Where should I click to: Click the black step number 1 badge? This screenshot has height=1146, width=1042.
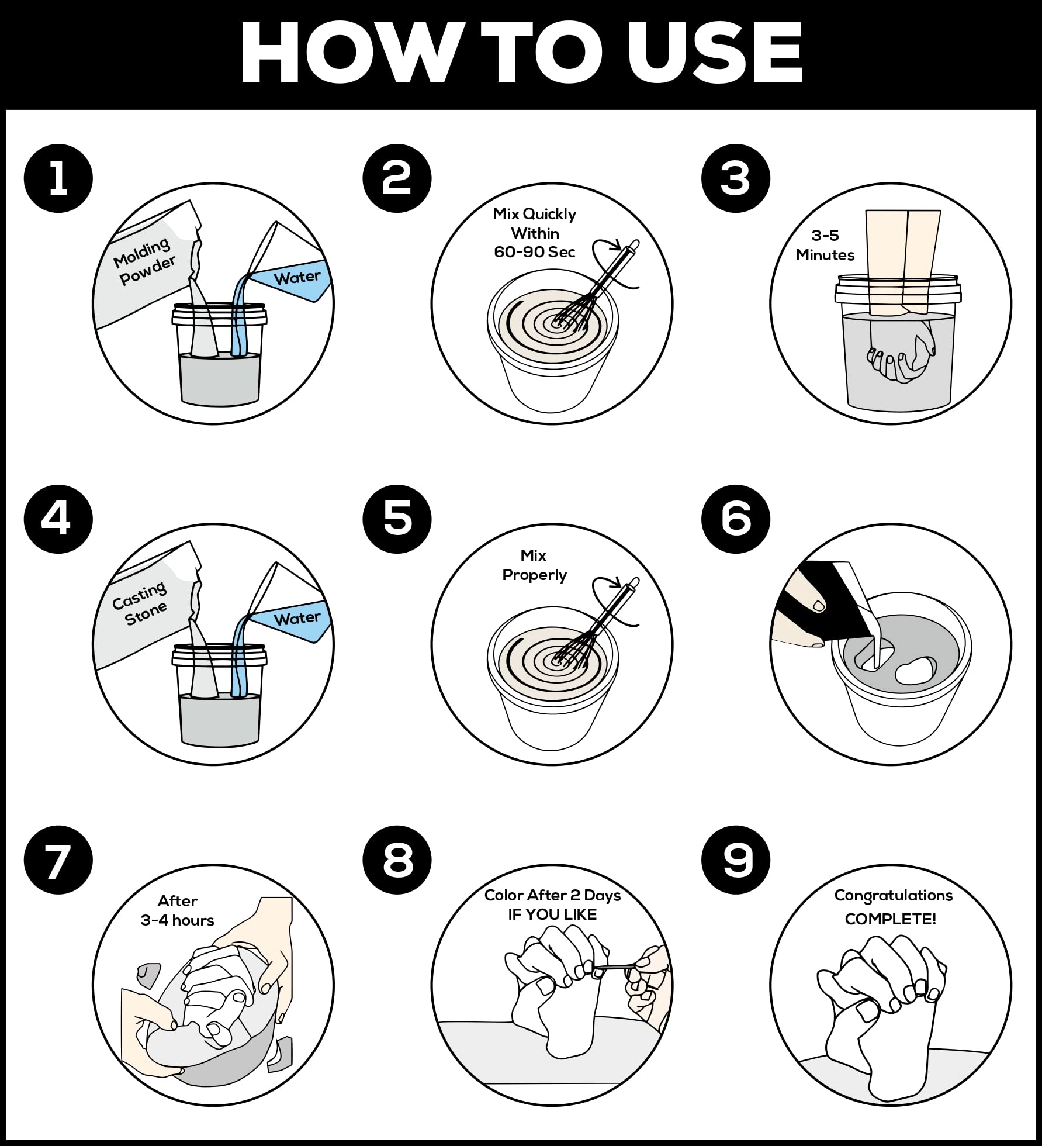(58, 178)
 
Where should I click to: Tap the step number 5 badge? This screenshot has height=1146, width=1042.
(397, 519)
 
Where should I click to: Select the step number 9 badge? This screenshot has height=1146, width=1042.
(736, 860)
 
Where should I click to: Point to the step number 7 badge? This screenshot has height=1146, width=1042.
(58, 860)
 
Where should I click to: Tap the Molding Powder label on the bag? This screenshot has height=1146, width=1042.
(144, 261)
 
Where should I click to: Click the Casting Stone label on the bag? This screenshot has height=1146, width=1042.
(140, 603)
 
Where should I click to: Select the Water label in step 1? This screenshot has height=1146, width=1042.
(297, 277)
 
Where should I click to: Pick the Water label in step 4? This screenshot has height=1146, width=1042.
(297, 618)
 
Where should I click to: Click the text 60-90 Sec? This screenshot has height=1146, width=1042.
(535, 252)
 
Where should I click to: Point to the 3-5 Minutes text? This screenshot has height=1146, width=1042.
(825, 245)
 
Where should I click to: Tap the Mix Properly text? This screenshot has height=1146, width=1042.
(534, 565)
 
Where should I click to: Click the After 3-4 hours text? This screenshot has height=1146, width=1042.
(178, 910)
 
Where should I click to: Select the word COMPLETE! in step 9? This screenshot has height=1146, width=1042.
(891, 919)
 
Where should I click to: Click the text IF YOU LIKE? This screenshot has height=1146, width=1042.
(552, 914)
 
